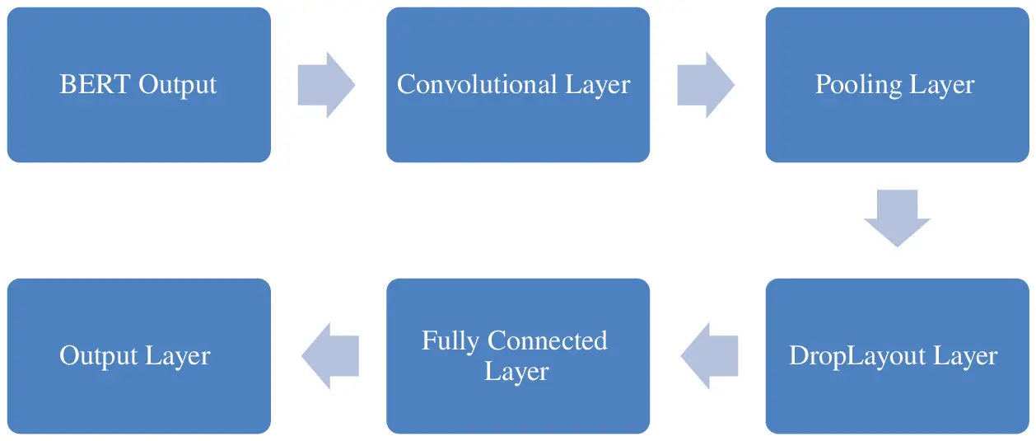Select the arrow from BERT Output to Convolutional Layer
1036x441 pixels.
(x=327, y=85)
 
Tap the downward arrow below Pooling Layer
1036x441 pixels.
(x=897, y=218)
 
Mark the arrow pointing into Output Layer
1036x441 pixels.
(x=329, y=356)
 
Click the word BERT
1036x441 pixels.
(x=96, y=85)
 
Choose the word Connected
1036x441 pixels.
(x=548, y=341)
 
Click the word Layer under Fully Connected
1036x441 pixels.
(x=516, y=372)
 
